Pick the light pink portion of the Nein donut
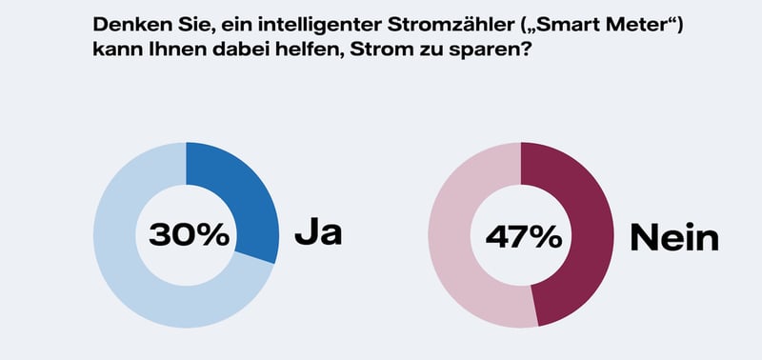point(457,238)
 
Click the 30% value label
point(186,234)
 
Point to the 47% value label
point(522,235)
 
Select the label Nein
point(673,237)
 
